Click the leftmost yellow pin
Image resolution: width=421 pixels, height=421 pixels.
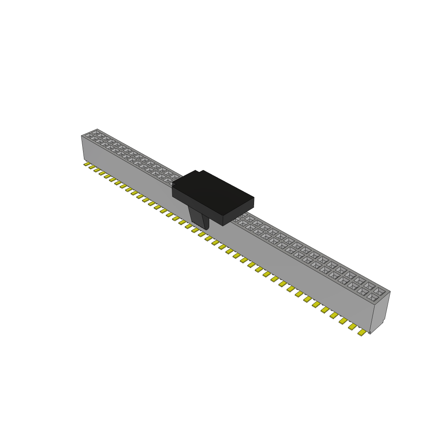(x=87, y=164)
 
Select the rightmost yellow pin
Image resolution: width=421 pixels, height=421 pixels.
(x=362, y=332)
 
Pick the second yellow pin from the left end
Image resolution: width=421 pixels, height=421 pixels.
(x=92, y=167)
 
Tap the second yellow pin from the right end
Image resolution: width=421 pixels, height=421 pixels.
(x=352, y=326)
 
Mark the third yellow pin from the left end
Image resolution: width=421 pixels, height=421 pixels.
(x=97, y=170)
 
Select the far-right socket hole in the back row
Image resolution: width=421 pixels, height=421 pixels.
(x=380, y=291)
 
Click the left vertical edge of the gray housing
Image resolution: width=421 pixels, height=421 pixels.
(x=83, y=148)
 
